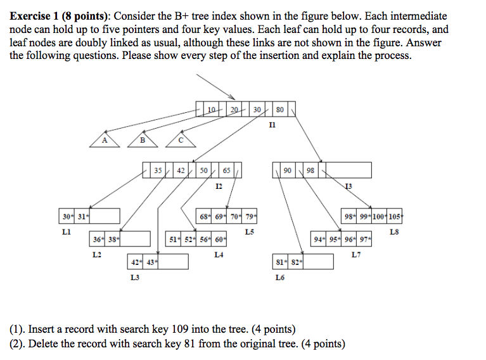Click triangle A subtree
click(x=105, y=140)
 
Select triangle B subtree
click(x=143, y=140)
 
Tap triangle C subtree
click(x=181, y=140)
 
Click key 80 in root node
click(x=280, y=110)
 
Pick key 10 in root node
click(x=212, y=110)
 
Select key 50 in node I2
click(x=203, y=170)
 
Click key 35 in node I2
click(x=158, y=170)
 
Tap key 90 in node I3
click(x=288, y=170)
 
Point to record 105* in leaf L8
click(x=395, y=216)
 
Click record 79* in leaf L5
click(x=250, y=216)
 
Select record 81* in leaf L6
click(x=280, y=262)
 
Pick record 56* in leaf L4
click(x=204, y=239)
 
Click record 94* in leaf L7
click(x=318, y=239)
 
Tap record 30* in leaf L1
click(x=67, y=216)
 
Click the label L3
click(x=135, y=277)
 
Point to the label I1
click(x=272, y=125)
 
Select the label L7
click(x=356, y=255)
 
